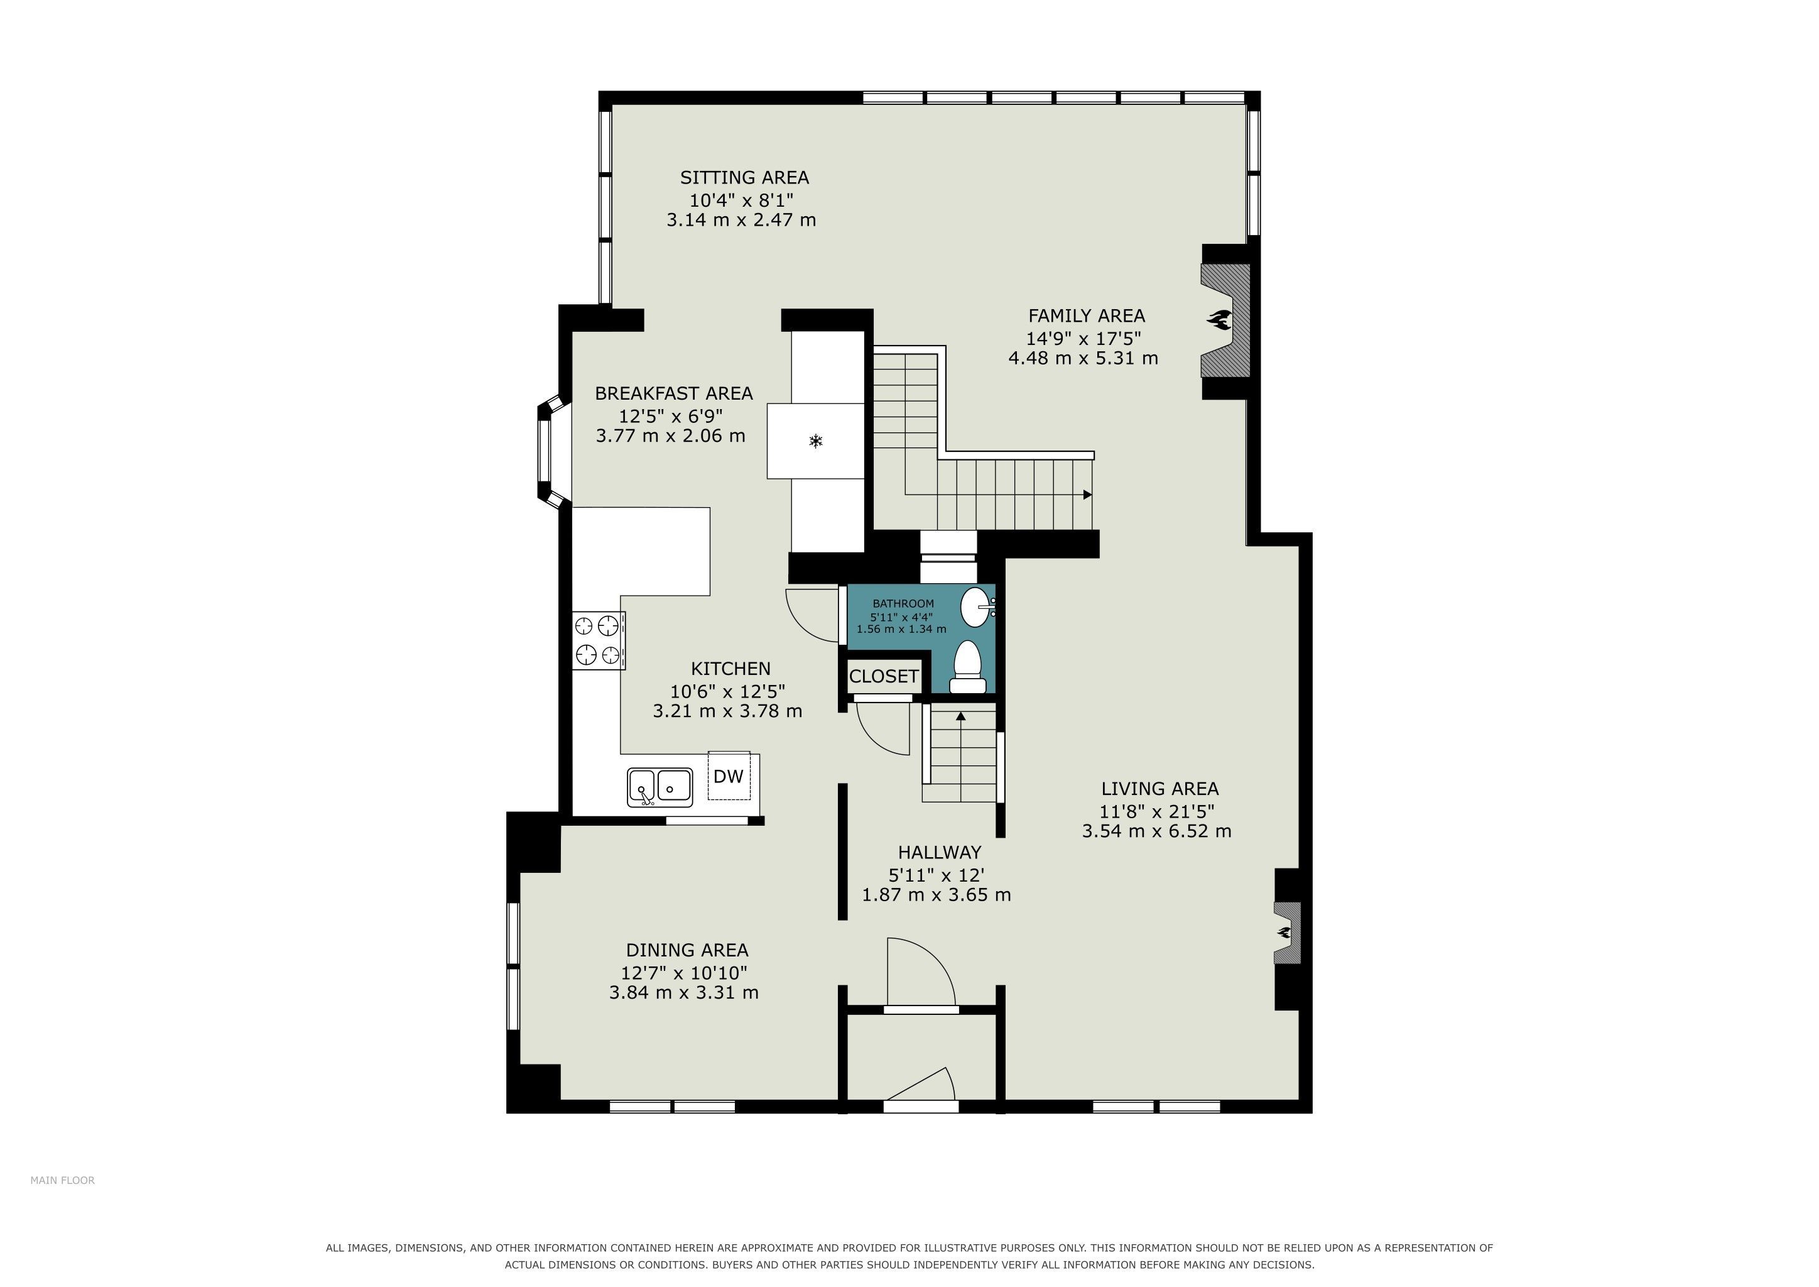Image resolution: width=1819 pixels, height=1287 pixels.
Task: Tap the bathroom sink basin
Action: (x=977, y=607)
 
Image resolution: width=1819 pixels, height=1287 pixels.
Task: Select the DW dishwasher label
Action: (x=728, y=776)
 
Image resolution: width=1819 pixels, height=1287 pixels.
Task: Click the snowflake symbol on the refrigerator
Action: (x=815, y=441)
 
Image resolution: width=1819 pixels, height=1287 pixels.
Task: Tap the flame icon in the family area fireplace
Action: (x=1219, y=319)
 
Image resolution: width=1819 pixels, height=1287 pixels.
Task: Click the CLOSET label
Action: (x=883, y=676)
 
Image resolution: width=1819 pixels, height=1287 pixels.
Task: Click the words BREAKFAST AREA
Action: (x=673, y=393)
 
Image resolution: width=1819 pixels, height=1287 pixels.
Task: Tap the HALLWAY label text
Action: (x=940, y=852)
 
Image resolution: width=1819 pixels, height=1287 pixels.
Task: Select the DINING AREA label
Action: (x=687, y=950)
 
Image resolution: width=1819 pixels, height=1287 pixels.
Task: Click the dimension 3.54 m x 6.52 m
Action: (x=1157, y=831)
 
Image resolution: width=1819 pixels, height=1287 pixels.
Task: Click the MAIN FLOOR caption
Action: (x=63, y=1180)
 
